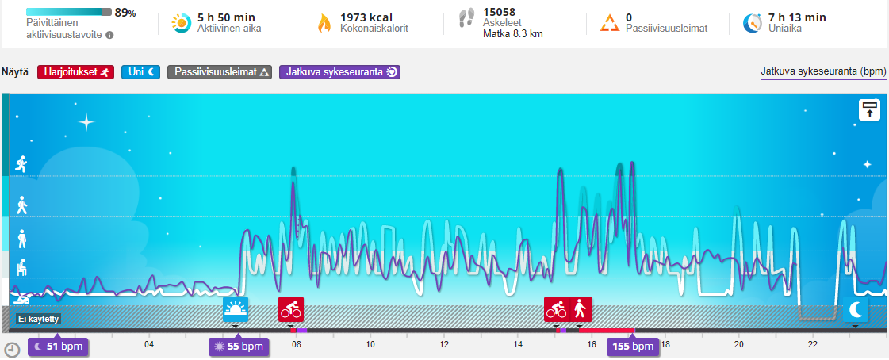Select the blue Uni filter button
pyautogui.click(x=142, y=72)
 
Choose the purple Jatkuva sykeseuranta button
pyautogui.click(x=339, y=72)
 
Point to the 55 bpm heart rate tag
pyautogui.click(x=236, y=347)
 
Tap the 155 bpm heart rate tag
pyautogui.click(x=632, y=347)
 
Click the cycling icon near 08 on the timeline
pyautogui.click(x=291, y=308)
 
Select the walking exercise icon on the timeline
pyautogui.click(x=580, y=308)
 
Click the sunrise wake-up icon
pyautogui.click(x=236, y=308)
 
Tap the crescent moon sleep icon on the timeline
pyautogui.click(x=856, y=308)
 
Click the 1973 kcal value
pyautogui.click(x=366, y=17)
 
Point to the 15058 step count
pyautogui.click(x=500, y=11)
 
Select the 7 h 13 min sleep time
pyautogui.click(x=798, y=17)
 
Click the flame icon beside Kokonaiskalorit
pyautogui.click(x=324, y=23)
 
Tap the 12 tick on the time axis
pyautogui.click(x=444, y=344)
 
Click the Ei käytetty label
pyautogui.click(x=39, y=319)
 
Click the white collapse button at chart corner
pyautogui.click(x=869, y=109)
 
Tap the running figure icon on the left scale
pyautogui.click(x=21, y=164)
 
